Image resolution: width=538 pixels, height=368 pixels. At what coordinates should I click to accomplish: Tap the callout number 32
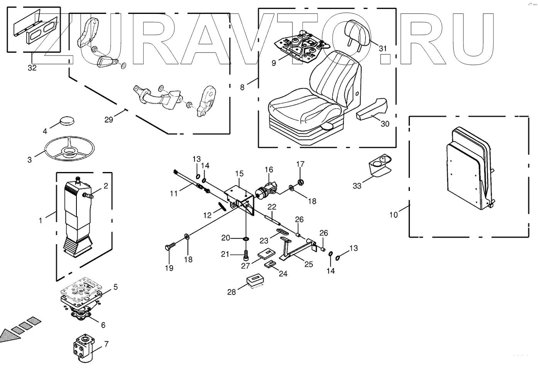click(32, 68)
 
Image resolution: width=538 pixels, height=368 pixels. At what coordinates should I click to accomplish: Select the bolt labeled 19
click(171, 246)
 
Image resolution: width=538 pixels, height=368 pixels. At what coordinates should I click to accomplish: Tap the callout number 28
click(231, 292)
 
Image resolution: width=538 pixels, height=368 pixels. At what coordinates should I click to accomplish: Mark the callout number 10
click(393, 215)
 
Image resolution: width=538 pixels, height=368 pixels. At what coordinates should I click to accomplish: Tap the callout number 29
click(109, 120)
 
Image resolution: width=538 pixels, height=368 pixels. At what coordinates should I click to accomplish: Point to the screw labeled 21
click(246, 255)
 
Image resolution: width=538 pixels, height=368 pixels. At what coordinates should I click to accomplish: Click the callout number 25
click(308, 265)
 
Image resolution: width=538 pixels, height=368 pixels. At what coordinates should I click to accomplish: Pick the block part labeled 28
click(255, 282)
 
